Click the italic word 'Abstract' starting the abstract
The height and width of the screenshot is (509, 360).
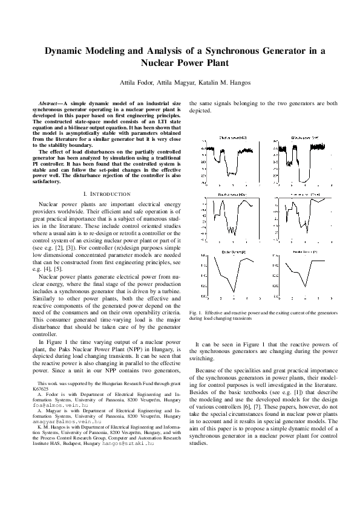(49, 104)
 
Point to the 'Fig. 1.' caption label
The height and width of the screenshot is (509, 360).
(196, 312)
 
